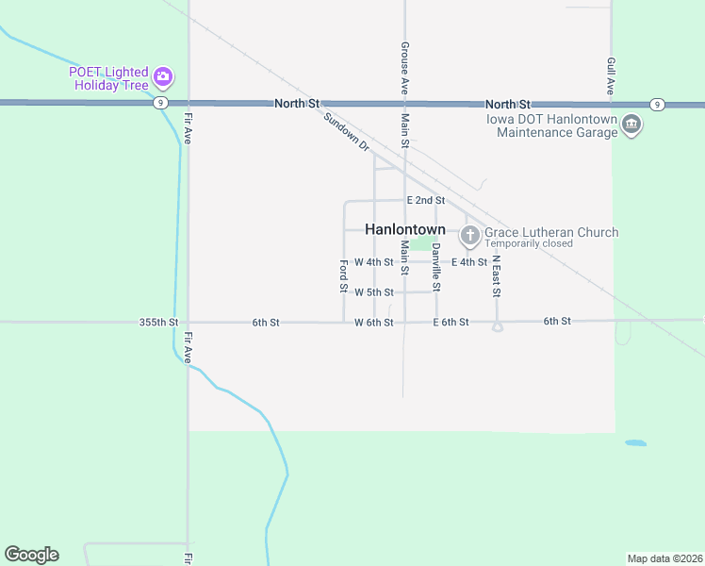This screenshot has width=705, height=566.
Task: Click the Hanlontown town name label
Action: point(404,229)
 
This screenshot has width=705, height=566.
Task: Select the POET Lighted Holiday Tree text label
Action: point(108,78)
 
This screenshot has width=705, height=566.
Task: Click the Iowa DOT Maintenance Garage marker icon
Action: point(631,124)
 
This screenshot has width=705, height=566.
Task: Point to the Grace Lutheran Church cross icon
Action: point(469,234)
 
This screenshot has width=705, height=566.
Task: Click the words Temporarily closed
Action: point(529,243)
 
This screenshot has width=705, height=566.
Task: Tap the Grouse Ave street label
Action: point(404,66)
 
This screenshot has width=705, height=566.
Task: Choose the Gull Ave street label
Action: point(611,75)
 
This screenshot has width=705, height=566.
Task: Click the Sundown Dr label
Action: point(346,133)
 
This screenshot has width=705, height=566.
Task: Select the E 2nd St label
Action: point(425,201)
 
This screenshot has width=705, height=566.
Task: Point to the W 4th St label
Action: point(373,262)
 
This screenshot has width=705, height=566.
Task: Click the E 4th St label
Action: point(469,262)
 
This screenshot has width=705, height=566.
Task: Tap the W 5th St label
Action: point(373,292)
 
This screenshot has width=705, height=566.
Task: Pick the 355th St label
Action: point(158,323)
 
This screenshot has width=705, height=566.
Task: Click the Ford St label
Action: point(343,275)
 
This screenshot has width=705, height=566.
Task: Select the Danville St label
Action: point(436,266)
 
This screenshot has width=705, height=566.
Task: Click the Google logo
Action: point(31,555)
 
